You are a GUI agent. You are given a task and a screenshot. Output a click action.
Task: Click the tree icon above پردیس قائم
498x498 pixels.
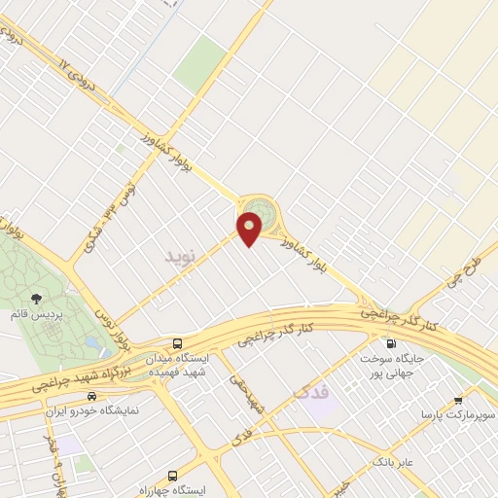tap(36, 299)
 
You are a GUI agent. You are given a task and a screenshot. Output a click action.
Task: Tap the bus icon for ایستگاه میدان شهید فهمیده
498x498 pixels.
tap(177, 343)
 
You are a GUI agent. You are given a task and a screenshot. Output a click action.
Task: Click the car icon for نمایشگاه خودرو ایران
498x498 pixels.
tap(91, 396)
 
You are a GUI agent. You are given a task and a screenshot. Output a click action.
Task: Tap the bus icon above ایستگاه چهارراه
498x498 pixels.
tap(173, 476)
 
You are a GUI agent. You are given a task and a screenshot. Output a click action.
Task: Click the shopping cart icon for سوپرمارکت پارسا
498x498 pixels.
tap(459, 399)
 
